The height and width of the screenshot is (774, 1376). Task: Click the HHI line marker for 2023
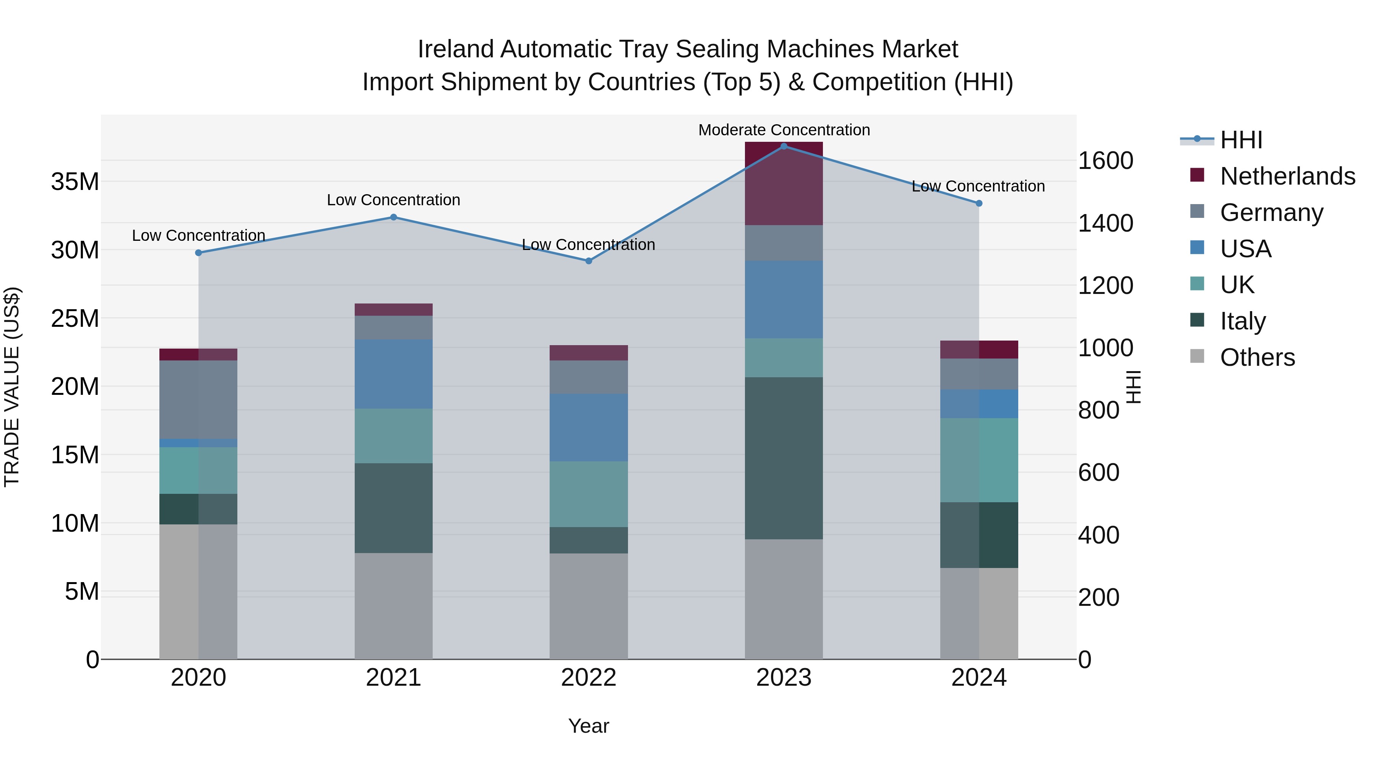(784, 146)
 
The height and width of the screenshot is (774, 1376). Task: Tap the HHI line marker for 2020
(198, 253)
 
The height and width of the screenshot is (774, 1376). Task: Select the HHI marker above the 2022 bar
(589, 261)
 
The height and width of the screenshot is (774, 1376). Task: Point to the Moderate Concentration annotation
(784, 130)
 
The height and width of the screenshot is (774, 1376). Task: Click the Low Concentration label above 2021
(393, 200)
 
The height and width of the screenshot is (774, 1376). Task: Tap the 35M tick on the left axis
(75, 182)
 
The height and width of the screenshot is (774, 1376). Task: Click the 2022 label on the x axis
(589, 677)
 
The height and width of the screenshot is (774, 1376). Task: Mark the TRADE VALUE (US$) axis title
(12, 387)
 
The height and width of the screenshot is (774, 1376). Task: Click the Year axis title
(589, 726)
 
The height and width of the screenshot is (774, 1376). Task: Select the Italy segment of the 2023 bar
(784, 458)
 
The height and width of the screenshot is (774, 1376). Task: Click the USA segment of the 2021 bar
(393, 374)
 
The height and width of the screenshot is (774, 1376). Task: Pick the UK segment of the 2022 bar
(589, 494)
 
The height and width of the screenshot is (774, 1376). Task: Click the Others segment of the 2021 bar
(393, 606)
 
